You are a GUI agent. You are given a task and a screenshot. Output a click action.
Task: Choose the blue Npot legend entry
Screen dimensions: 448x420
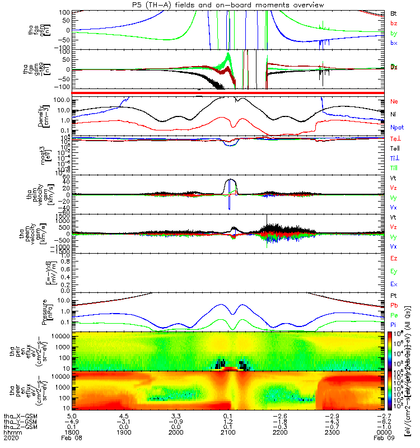pos(396,127)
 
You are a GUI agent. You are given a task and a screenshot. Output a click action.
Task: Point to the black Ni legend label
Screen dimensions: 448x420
pos(393,114)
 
